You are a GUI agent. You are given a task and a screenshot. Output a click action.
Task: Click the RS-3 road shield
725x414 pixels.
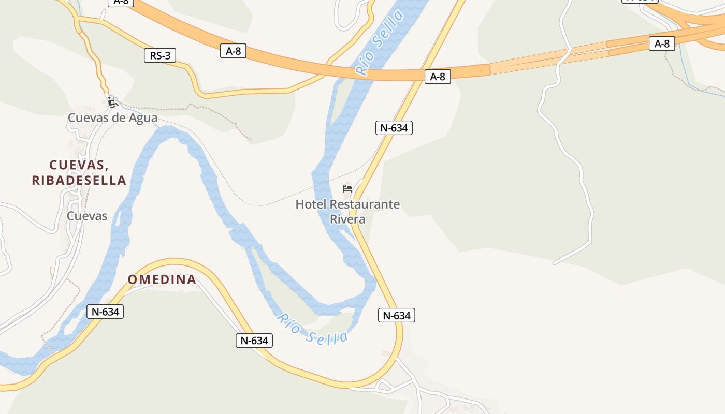pos(160,55)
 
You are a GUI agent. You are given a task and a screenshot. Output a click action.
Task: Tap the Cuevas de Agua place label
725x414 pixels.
pos(112,118)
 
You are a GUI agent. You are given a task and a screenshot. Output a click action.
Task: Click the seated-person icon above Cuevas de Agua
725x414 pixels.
pos(112,102)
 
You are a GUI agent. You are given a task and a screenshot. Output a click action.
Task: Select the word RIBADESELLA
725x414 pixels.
pos(79,180)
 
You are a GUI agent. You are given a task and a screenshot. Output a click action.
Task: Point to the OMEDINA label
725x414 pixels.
pos(162,280)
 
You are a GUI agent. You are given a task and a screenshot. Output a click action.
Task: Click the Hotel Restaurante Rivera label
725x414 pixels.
pos(347,211)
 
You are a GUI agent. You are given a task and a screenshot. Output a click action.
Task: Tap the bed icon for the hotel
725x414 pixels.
pos(347,188)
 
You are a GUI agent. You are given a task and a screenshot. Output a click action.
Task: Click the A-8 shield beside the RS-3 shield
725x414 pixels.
pos(233,51)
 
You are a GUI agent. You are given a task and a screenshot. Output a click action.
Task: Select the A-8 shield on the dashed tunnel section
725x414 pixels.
pos(662,43)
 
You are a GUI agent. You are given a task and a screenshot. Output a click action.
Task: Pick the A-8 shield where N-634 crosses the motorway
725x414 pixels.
pos(438,77)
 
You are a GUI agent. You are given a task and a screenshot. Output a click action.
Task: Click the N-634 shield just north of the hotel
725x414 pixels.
pos(394,128)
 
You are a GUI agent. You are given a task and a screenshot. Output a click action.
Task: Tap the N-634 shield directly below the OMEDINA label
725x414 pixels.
pos(106,312)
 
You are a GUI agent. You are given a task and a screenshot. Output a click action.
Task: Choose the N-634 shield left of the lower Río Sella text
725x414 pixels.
pos(254,341)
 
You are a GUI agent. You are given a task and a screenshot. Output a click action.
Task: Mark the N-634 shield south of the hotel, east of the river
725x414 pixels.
pos(397,315)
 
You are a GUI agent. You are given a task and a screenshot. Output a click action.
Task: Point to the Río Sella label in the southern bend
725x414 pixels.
pos(312,329)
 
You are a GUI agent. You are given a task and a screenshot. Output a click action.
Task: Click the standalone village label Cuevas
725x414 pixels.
pos(87,216)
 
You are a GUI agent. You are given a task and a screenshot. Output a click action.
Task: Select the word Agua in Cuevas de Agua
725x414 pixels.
pos(143,118)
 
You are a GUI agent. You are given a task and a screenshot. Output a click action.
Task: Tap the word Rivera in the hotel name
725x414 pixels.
pos(347,219)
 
